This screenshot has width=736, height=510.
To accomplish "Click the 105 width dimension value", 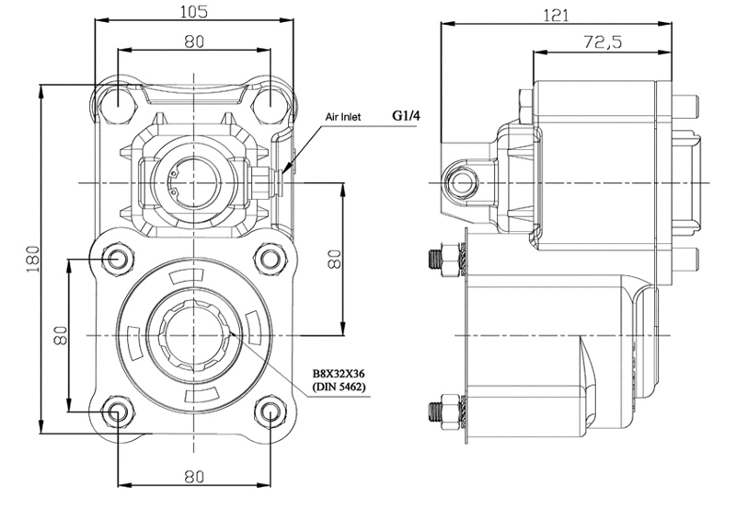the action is [x=194, y=11].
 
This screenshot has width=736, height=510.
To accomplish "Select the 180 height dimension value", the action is [x=32, y=259].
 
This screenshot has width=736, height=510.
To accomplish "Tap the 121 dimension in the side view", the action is [x=556, y=16].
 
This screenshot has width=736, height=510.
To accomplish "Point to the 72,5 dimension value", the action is [x=603, y=42].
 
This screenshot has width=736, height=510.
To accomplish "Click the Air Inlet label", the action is [x=343, y=117].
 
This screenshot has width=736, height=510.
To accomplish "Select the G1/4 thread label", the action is [x=406, y=115].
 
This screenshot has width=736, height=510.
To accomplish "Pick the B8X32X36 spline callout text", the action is [x=339, y=374].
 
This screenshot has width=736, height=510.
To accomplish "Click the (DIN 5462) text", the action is [x=339, y=387].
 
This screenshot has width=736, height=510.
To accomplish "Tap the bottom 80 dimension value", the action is [x=194, y=477].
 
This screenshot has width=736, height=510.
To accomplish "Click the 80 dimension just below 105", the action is [x=194, y=41].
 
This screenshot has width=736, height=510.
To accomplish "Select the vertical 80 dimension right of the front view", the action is [x=335, y=259].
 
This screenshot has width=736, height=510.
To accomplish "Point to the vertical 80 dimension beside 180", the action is [x=61, y=335].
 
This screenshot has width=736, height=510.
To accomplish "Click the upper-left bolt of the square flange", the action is [x=117, y=259].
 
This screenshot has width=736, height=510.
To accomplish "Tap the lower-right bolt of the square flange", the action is [x=270, y=411].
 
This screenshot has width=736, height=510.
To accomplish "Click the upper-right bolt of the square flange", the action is [x=270, y=259].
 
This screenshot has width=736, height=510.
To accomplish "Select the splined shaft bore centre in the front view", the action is [x=193, y=335].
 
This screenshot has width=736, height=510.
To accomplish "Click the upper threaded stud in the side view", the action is [x=446, y=259].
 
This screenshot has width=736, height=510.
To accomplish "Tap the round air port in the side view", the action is [x=462, y=182].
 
